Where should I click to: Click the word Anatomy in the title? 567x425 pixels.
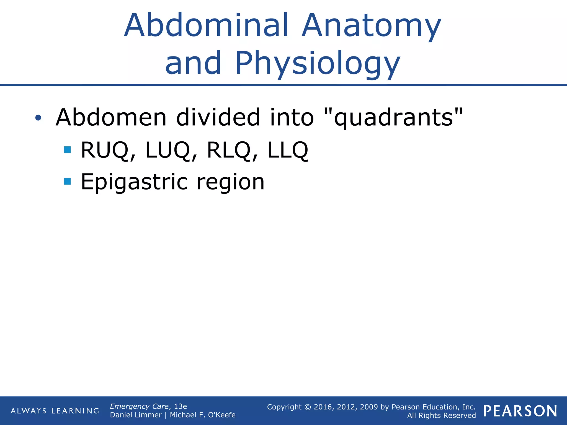371,25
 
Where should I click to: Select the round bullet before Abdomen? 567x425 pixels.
38,118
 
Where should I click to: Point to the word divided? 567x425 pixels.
218,118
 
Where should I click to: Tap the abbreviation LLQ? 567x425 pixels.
288,150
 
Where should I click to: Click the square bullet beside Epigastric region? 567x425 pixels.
67,181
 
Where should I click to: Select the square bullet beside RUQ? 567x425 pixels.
67,150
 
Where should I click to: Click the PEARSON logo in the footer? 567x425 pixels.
520,411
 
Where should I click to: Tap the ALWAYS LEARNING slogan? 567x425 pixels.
55,411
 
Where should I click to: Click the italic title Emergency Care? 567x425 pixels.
139,406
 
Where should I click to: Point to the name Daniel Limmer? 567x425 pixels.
136,415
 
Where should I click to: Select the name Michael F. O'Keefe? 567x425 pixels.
203,415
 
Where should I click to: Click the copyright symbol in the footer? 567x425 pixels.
308,407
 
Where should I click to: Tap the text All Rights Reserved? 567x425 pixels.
441,415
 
